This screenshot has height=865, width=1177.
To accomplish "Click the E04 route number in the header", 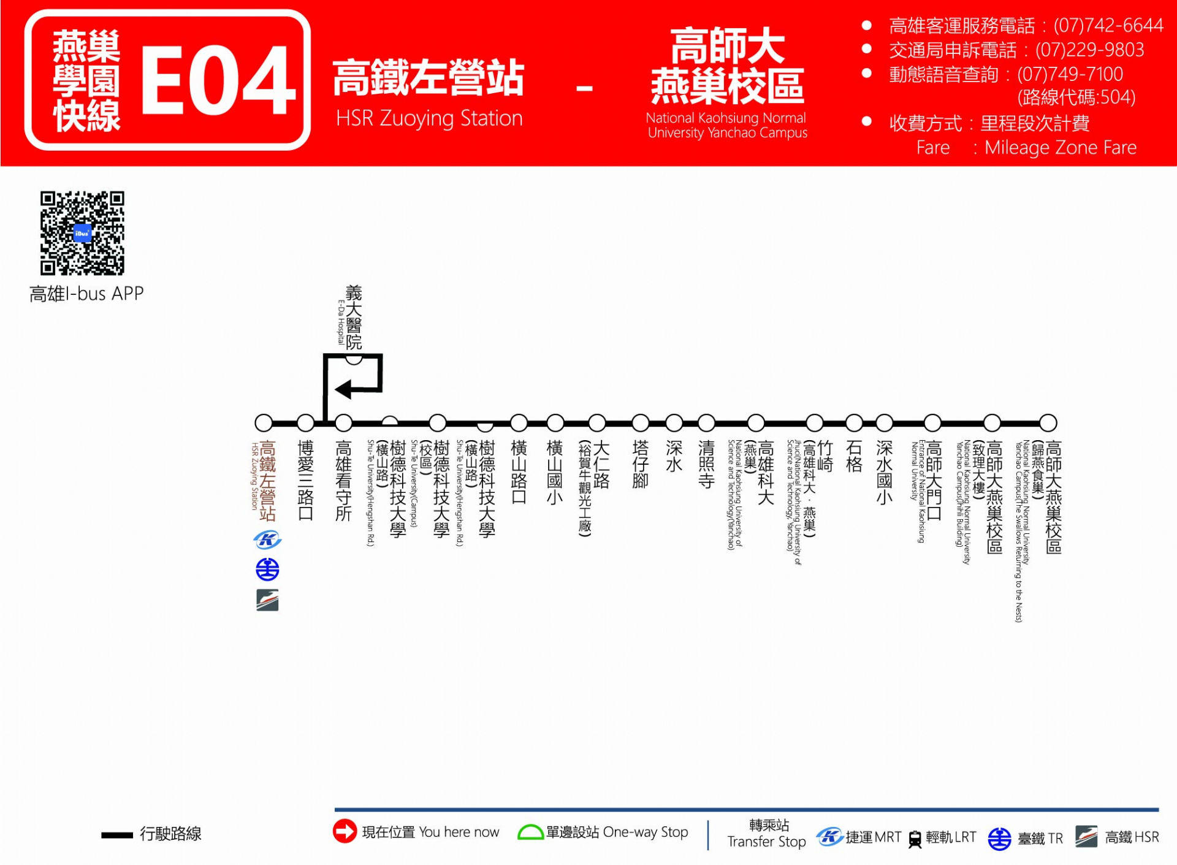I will pos(218,80).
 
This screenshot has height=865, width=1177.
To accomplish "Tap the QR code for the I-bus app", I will pos(82,233).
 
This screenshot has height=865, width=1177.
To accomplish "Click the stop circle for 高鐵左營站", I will pos(264,422).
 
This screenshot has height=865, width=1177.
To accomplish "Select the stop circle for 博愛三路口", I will pos(305,422).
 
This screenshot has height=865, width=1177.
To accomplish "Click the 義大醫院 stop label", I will pos(353,317).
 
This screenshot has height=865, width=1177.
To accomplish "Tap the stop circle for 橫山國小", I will pos(555,422).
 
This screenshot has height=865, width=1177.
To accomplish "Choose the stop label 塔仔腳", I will pos(640,464).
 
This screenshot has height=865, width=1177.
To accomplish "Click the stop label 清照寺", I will pos(706,464).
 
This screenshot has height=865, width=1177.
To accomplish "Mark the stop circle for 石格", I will pos(854,422).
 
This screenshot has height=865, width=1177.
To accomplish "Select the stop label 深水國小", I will pos(884,472).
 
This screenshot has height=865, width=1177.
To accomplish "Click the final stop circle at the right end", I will pos(1048,422).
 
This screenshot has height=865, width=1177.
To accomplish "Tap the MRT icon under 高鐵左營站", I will pos(267,539).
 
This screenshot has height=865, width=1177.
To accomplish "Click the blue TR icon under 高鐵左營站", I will pos(267,570).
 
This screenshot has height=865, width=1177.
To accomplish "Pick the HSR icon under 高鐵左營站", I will pos(267,600).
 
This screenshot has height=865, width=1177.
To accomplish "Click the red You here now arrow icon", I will pos(345,831).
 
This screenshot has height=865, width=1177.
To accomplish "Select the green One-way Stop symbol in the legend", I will pos(530,833).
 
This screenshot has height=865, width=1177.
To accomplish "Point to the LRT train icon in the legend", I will pos(915,839).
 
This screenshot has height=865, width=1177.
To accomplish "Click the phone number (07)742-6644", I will pos(1108,25).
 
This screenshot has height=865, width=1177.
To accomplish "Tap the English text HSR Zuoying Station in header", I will pos(429,118).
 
